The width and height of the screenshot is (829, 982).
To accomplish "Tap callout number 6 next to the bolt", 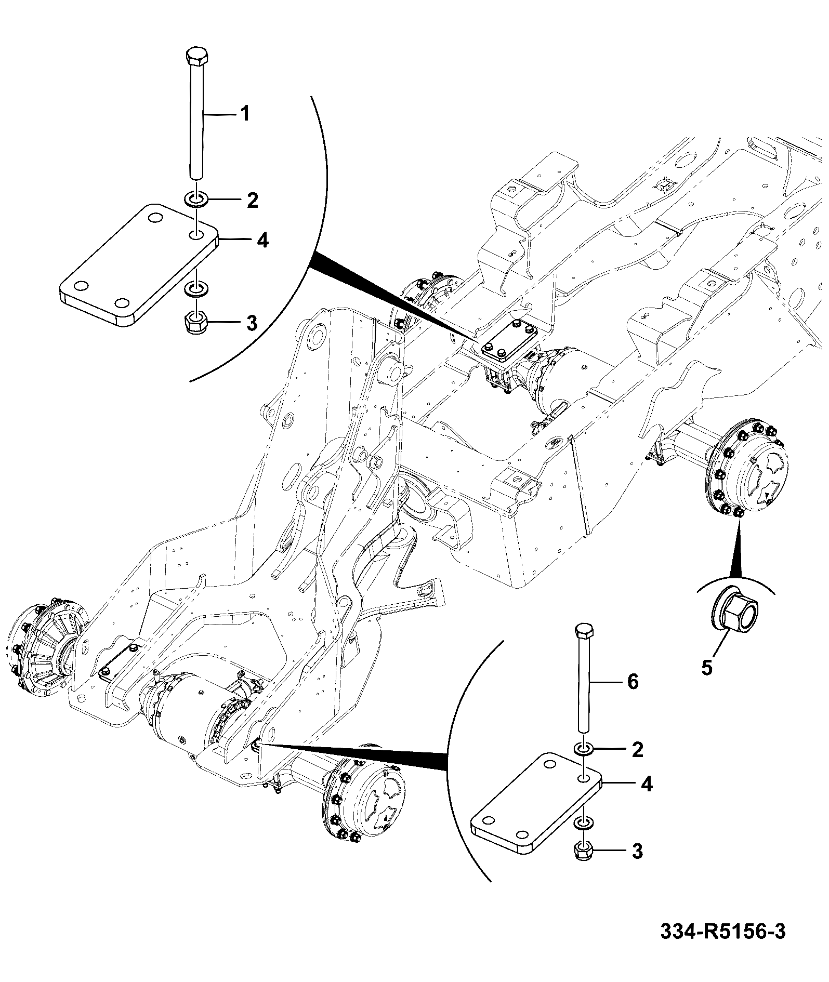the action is [x=633, y=681].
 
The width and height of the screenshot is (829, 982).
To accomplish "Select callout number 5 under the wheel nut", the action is [x=707, y=668].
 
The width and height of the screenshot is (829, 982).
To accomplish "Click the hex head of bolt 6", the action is [x=585, y=631].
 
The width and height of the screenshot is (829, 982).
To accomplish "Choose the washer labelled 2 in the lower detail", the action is [x=585, y=749].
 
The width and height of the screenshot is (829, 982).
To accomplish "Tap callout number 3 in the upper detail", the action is [x=252, y=323].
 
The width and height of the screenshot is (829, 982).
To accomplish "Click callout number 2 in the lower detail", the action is [x=637, y=749].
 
